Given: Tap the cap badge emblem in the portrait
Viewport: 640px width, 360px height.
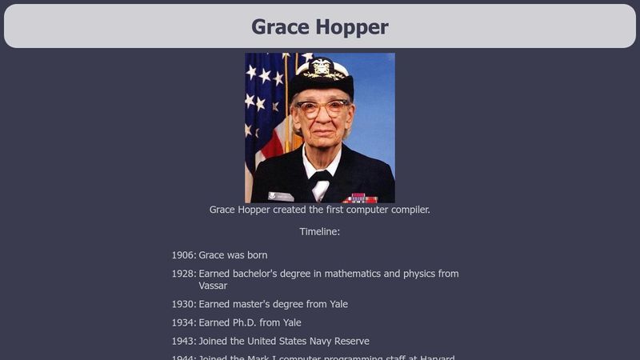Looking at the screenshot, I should (x=322, y=67).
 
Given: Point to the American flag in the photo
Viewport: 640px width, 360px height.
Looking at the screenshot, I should (x=264, y=104).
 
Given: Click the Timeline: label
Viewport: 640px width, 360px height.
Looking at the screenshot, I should (x=320, y=231).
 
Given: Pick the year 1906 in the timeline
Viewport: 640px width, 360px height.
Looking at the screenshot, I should (x=183, y=255).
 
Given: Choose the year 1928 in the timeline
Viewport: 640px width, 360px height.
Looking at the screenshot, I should (x=183, y=274).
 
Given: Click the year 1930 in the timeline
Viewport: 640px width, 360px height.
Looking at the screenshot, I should (x=183, y=304).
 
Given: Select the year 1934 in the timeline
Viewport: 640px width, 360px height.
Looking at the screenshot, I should (x=183, y=322).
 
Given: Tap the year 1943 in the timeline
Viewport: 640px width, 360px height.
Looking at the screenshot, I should (x=183, y=341).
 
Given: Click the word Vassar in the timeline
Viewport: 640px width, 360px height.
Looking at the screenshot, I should (x=214, y=286).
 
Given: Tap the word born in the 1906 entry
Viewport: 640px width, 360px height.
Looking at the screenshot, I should (x=256, y=255).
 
